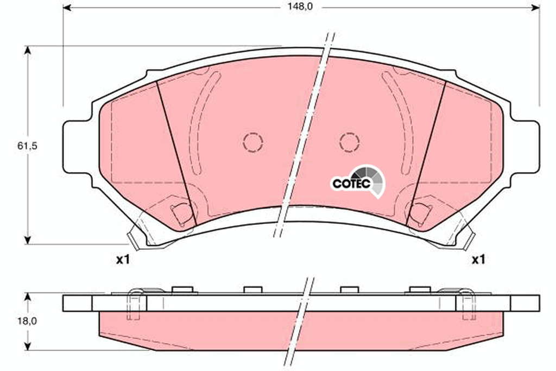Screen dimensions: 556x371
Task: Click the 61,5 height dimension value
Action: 27,146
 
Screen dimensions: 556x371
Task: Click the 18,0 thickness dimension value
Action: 27,322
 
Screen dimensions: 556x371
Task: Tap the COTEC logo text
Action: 351,184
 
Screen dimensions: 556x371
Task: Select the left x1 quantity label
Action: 123,260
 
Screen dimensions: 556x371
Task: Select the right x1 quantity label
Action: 478,260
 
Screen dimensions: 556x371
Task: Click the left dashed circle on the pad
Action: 253,142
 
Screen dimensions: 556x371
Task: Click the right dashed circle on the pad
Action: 349,142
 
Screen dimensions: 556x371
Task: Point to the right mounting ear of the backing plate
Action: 525,147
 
